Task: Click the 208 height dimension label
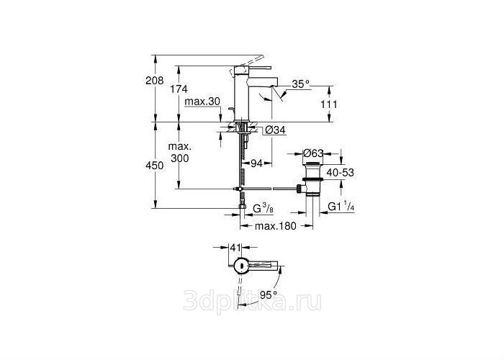point(155,81)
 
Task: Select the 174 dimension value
point(179,89)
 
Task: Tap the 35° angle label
point(301,84)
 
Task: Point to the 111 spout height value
point(329,104)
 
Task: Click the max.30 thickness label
point(202,102)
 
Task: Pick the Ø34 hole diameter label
point(276,130)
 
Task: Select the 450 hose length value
point(155,166)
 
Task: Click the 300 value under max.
point(180,158)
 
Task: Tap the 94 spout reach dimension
point(256,163)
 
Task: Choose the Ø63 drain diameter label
point(313,153)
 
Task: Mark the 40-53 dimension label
point(340,173)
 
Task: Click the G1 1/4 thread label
point(341,206)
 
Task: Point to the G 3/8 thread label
point(264,209)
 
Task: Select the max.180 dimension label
point(276,226)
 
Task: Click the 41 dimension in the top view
point(235,247)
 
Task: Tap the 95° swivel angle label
point(269,294)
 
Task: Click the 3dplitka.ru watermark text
point(252,301)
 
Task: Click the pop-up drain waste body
point(311,179)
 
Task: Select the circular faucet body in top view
point(240,266)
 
